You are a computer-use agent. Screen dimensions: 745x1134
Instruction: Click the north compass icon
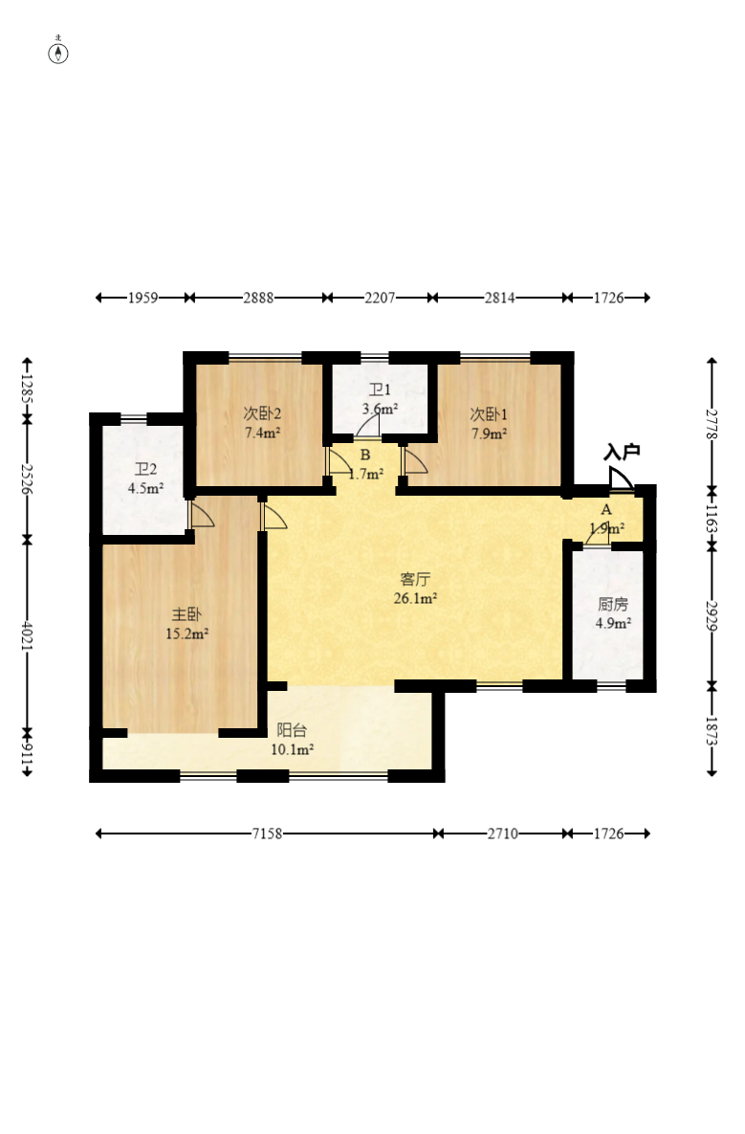[58, 52]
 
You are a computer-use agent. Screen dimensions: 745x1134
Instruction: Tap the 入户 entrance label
[622, 453]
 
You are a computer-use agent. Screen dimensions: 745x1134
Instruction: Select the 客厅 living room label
[415, 579]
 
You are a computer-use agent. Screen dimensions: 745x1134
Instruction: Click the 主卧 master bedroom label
[186, 614]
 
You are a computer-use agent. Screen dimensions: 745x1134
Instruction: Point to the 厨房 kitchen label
[613, 605]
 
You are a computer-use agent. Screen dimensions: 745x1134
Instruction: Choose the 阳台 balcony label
[292, 730]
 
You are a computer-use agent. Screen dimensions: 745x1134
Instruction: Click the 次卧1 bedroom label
[489, 414]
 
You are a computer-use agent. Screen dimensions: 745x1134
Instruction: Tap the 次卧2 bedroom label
[262, 413]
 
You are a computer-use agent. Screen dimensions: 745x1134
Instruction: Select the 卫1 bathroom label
[380, 390]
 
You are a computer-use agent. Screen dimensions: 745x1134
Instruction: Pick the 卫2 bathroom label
[146, 469]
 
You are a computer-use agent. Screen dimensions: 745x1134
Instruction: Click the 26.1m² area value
[415, 599]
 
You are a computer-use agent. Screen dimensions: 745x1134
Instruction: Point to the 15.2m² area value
[187, 634]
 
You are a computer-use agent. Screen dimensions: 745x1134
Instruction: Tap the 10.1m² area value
[292, 750]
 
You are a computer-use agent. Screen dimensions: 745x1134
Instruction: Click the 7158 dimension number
[267, 834]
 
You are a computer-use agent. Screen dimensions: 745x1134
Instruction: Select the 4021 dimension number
[27, 635]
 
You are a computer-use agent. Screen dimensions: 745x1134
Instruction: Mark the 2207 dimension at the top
[380, 298]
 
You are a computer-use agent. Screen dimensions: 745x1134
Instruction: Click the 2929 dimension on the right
[712, 615]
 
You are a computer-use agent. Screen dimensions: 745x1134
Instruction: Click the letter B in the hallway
[365, 455]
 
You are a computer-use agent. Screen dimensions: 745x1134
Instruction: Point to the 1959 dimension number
[143, 298]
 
